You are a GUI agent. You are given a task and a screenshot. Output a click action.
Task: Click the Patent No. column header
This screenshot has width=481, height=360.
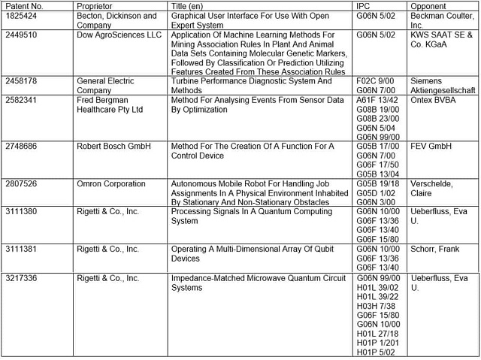coord(26,5)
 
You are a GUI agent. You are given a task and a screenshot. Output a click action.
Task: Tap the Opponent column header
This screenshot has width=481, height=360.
coord(431,5)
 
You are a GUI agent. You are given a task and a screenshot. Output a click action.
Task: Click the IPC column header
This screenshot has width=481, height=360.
coord(364,5)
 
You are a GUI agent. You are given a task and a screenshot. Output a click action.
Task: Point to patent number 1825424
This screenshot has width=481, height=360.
coord(24,15)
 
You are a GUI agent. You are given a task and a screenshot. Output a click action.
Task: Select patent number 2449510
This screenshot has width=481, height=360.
coord(24,35)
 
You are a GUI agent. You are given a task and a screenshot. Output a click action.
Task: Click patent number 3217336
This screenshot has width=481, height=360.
coord(24,278)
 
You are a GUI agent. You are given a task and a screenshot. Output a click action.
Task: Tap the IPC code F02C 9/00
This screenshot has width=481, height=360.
coord(375,81)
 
